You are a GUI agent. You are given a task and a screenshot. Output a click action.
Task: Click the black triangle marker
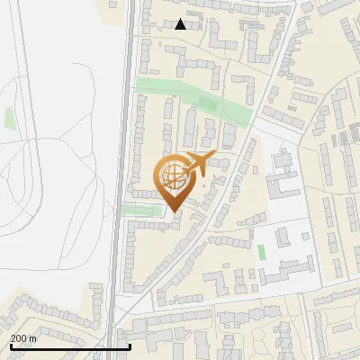click(x=181, y=24)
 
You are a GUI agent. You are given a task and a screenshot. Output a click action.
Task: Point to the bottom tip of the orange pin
click(x=173, y=212)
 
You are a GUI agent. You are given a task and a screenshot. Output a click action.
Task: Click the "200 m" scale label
click(x=23, y=338)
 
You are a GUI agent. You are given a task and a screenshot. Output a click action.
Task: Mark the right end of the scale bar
click(x=130, y=346)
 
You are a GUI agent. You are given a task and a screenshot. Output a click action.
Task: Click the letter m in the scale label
click(x=32, y=338)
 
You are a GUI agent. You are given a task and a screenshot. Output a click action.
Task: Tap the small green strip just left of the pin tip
click(x=142, y=210)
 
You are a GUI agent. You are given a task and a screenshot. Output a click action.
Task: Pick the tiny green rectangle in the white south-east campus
click(x=262, y=251)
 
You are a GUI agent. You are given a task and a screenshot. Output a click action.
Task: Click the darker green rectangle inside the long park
click(x=208, y=105)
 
